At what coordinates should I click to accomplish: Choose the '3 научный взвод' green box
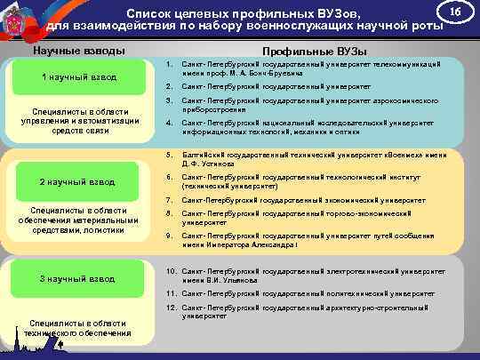(78, 280)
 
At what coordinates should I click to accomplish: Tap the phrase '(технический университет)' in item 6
(229, 187)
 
